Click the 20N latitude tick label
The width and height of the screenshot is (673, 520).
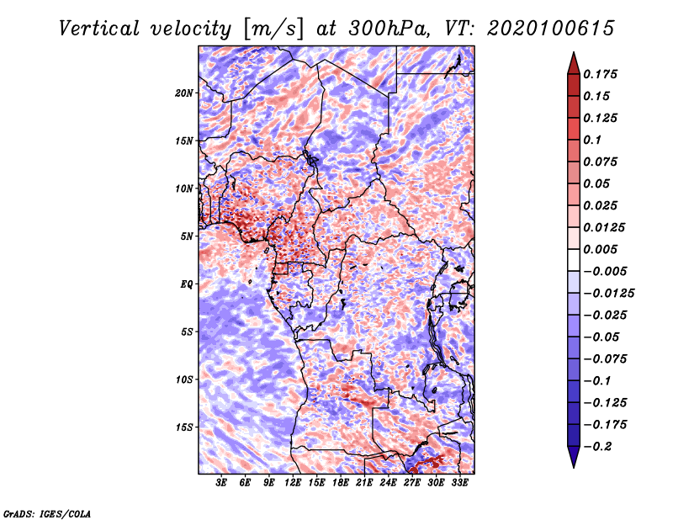[184, 93]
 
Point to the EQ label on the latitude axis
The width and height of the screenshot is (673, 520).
[187, 284]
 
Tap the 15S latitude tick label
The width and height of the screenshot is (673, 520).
[184, 427]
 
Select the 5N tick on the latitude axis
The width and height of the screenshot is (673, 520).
[187, 236]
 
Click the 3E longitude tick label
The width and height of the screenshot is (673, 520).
[222, 484]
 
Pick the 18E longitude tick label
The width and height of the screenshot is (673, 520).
[341, 484]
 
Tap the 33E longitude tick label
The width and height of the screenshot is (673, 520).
[459, 484]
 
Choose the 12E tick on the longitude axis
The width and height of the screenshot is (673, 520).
[293, 484]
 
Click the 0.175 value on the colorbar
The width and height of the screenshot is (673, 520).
[601, 74]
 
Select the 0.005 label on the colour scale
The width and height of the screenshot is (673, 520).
[601, 249]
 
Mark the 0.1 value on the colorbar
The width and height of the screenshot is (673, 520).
[593, 140]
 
